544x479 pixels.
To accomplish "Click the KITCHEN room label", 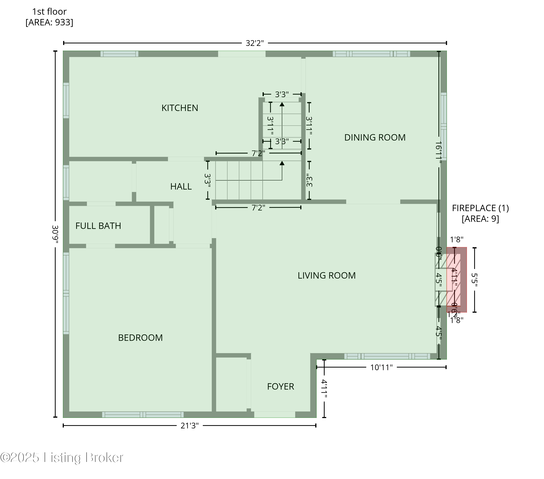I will point(180,108).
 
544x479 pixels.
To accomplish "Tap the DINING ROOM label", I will point(375,137).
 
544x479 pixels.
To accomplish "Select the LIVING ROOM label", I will point(327,275).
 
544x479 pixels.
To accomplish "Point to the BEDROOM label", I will point(140,338).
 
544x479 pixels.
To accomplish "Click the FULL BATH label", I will point(98,226).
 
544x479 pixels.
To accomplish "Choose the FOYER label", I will point(281,386).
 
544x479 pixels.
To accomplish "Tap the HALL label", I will point(181,186).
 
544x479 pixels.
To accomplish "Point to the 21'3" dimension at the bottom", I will point(189,426).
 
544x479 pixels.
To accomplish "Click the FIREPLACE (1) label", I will point(480,208).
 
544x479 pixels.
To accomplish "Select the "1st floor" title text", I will point(49,11).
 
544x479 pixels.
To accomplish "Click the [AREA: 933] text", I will point(49,22).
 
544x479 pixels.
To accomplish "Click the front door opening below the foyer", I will point(275,414).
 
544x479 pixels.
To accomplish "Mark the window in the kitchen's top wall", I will point(119,54).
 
